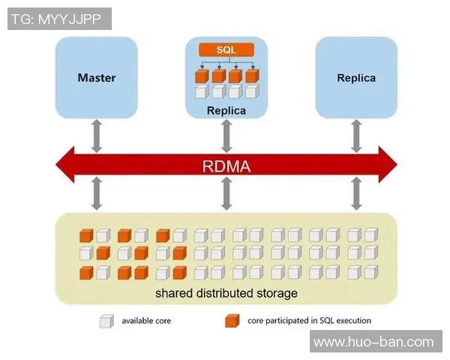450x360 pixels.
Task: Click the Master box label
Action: click(97, 77)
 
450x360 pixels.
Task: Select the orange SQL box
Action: click(226, 49)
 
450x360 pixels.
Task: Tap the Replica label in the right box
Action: click(356, 77)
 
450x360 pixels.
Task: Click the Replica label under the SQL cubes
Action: click(226, 111)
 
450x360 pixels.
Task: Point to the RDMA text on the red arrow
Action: click(226, 165)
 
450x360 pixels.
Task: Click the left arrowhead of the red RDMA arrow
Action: click(67, 165)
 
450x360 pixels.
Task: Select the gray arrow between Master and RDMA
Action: click(97, 134)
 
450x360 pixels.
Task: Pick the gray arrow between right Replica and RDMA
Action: click(356, 134)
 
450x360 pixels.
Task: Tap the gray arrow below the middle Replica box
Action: click(226, 134)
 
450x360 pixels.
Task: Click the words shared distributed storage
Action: click(226, 292)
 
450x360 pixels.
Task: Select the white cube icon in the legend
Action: click(106, 321)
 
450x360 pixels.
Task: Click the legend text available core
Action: click(146, 321)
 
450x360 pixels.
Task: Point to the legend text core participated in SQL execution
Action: click(309, 321)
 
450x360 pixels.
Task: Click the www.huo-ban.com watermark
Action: click(373, 342)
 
